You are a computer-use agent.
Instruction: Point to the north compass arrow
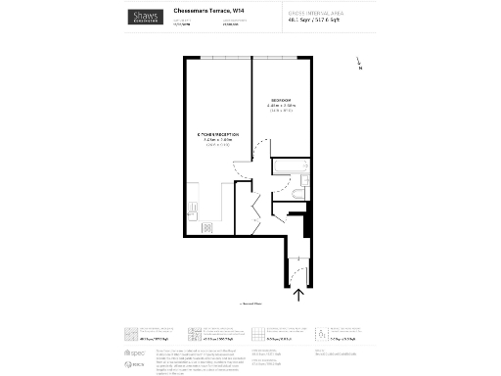pos(359,65)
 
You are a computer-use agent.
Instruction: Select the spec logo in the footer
pos(135,351)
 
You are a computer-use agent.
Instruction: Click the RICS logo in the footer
pos(135,364)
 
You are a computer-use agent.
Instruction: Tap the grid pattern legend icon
pos(259,332)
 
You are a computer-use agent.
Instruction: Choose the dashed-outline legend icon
pos(322,332)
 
